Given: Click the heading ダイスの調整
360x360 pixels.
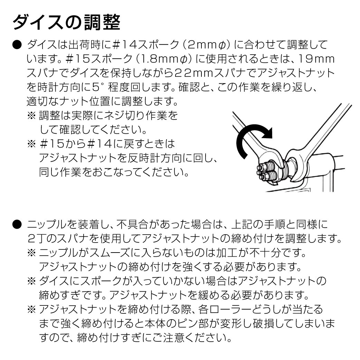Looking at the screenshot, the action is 67,23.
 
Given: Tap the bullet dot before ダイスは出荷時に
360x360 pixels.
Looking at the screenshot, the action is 17,45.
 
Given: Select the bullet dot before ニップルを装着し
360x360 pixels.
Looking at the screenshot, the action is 17,224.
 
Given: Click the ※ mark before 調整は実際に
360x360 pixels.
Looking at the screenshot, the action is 31,115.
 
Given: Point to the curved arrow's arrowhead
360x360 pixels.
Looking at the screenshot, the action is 268,133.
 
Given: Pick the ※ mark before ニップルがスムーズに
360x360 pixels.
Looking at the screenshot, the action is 31,253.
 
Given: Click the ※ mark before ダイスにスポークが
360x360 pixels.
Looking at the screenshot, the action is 31,281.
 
